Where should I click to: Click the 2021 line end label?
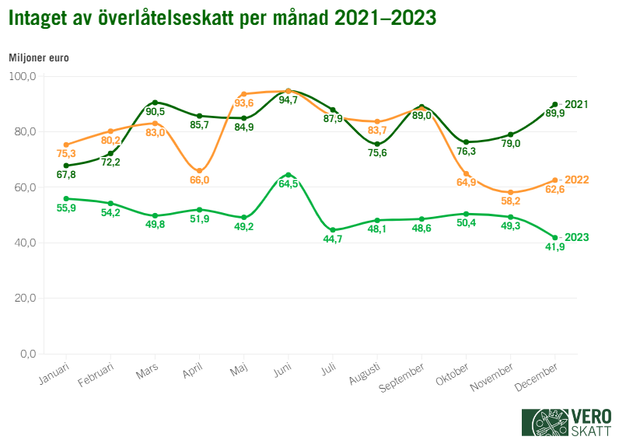click(x=576, y=104)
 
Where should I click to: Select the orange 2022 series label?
click(x=576, y=180)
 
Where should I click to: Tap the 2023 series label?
click(x=576, y=237)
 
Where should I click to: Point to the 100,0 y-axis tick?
click(x=22, y=76)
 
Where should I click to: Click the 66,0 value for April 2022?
click(x=200, y=180)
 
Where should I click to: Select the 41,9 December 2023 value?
click(x=554, y=248)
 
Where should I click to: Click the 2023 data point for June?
click(x=289, y=175)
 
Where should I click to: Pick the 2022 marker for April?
click(x=200, y=171)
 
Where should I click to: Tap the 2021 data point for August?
click(x=377, y=144)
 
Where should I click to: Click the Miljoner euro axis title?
click(x=39, y=58)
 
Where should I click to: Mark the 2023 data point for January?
click(x=67, y=198)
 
